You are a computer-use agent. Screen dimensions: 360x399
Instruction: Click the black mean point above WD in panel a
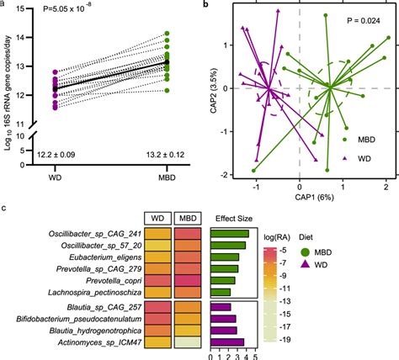[x=56, y=88]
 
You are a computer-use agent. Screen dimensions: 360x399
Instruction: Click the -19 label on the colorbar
[x=308, y=342]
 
